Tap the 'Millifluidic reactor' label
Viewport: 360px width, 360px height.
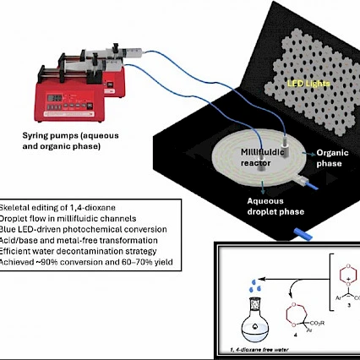258,154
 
